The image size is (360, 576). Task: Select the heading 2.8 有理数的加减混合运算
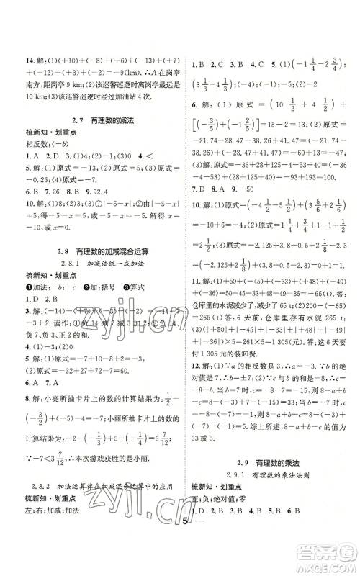point(90,250)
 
